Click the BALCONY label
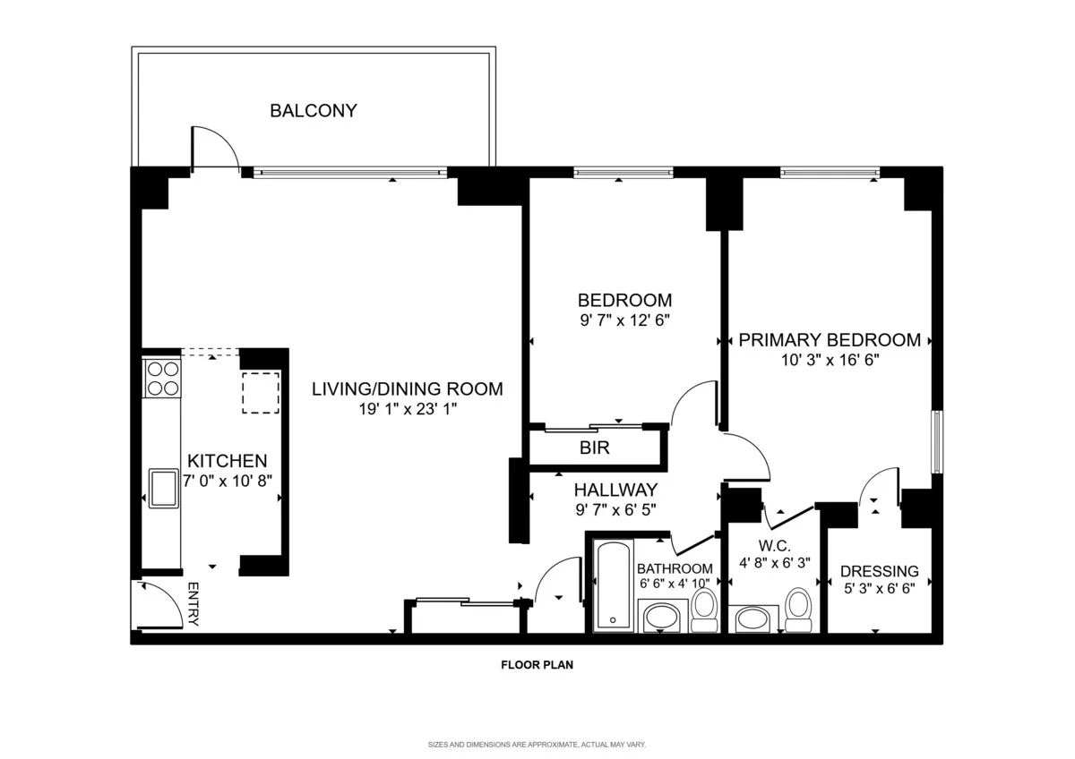pos(314,111)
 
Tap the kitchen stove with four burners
pos(161,378)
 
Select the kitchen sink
pos(162,488)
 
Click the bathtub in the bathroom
pos(614,585)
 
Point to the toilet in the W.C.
pos(797,608)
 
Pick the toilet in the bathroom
pos(704,608)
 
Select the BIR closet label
pos(595,448)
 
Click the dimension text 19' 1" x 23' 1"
pos(408,410)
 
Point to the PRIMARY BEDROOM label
pos(830,340)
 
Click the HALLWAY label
pos(615,490)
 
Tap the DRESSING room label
pos(879,571)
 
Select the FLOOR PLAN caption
pos(537,665)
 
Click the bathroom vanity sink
pos(662,616)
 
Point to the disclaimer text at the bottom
pos(537,745)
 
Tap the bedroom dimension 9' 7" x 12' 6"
pos(624,320)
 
